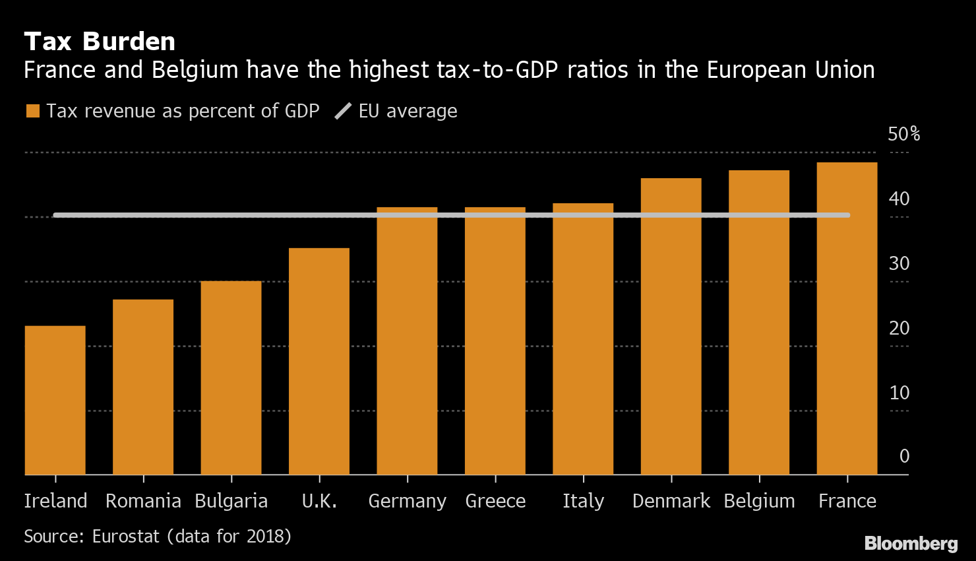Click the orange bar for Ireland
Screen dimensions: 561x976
[55, 400]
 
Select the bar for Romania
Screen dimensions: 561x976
[143, 387]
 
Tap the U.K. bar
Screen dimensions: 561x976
[319, 361]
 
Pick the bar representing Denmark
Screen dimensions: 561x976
[671, 326]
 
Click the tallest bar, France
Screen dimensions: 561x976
[847, 318]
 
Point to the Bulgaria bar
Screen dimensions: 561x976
[231, 378]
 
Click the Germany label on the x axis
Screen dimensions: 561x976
[407, 501]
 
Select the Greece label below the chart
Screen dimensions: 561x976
[495, 501]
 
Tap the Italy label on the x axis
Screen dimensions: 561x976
[583, 501]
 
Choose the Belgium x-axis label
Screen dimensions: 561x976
[759, 501]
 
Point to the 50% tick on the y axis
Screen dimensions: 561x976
[903, 134]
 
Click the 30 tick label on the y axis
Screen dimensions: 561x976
[899, 263]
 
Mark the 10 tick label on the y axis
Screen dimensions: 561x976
[899, 393]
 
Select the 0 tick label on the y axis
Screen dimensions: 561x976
[904, 456]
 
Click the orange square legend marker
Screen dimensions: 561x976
[32, 111]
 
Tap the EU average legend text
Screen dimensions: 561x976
[408, 111]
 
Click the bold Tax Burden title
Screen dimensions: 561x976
[100, 42]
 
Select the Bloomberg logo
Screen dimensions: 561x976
[911, 543]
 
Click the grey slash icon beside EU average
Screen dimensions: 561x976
[343, 111]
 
